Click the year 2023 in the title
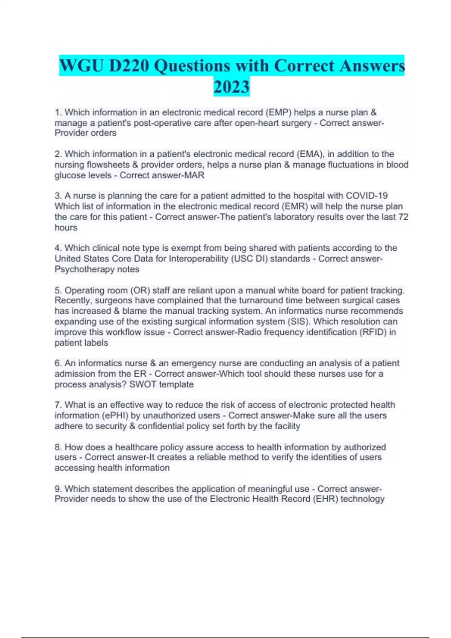[x=232, y=87]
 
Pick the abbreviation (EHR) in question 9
[x=325, y=499]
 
